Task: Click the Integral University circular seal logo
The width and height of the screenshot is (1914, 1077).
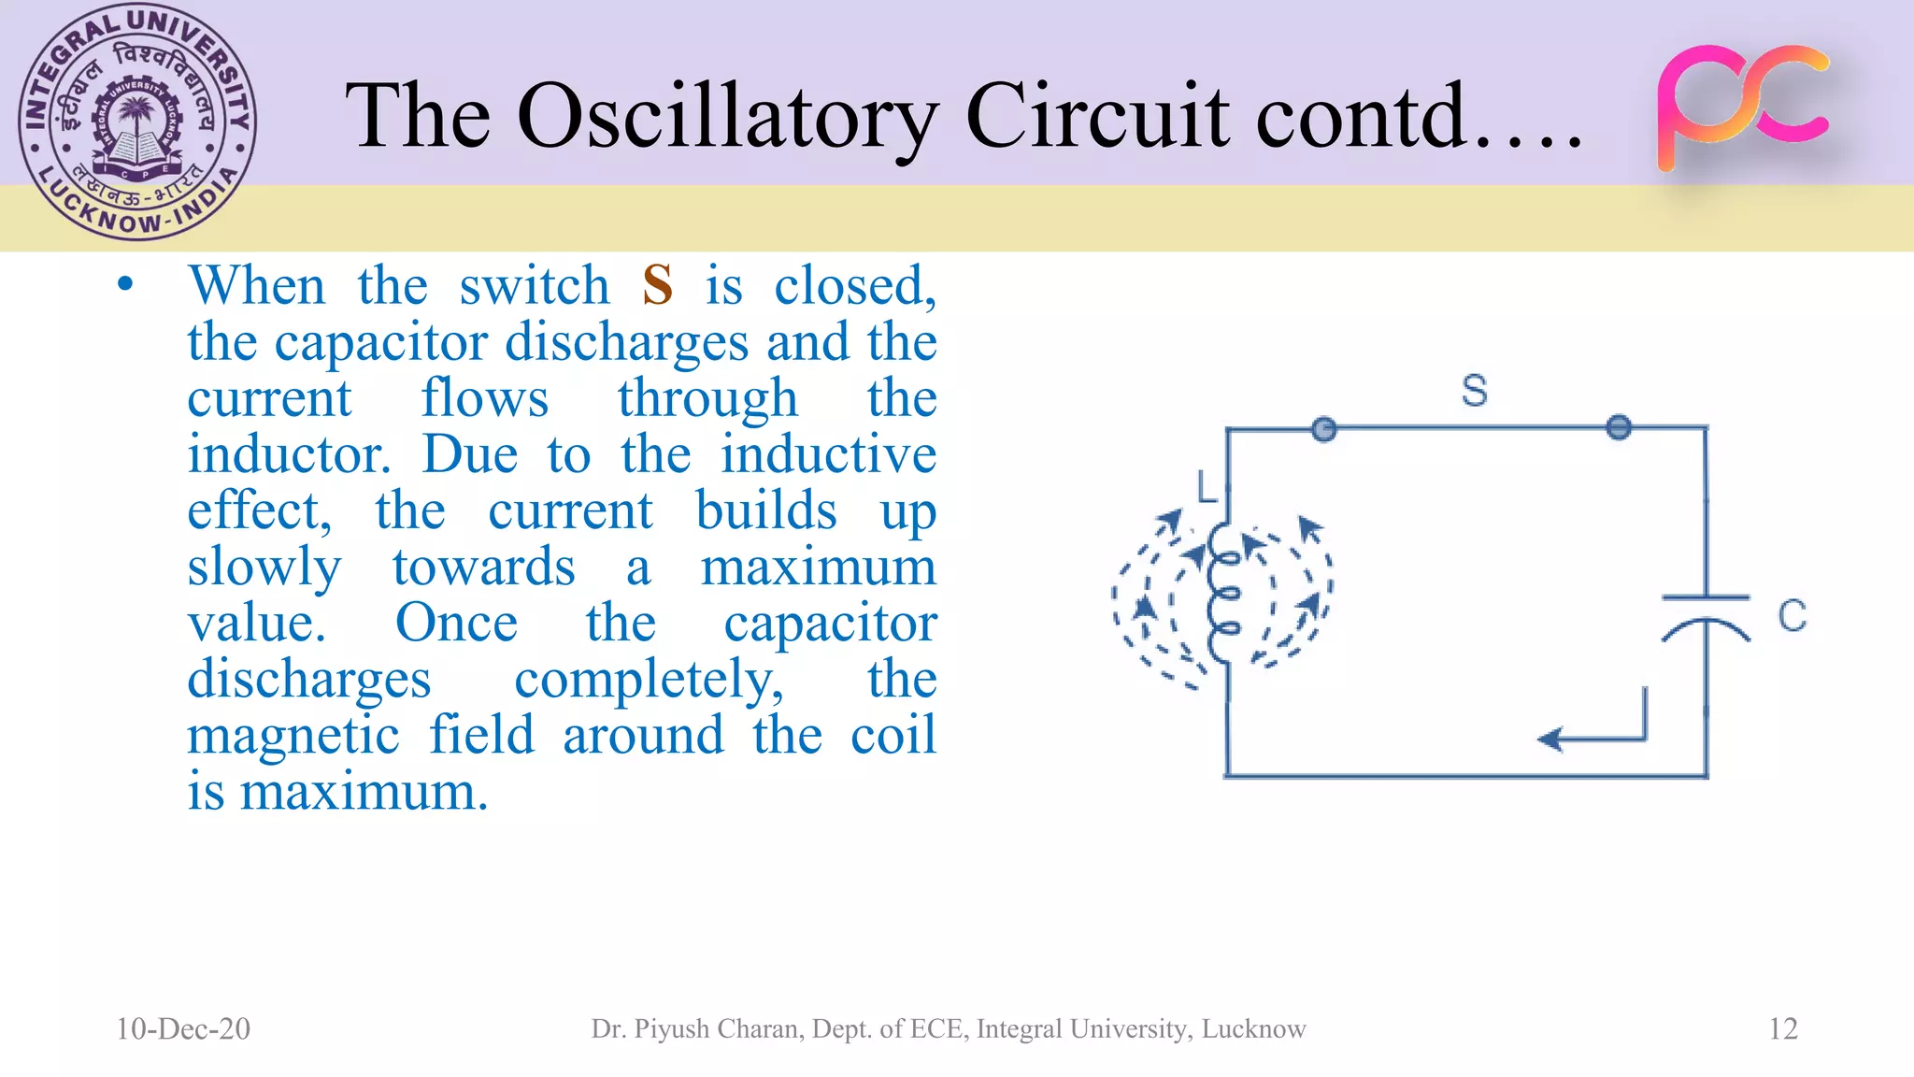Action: (x=137, y=122)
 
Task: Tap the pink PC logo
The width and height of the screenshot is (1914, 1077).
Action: (x=1742, y=107)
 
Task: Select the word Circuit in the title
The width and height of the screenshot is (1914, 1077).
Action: (x=1097, y=116)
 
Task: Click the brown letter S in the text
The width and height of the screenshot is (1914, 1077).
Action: (x=657, y=285)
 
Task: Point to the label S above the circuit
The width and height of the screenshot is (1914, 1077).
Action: (x=1474, y=390)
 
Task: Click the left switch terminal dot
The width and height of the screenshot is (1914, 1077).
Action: (x=1323, y=429)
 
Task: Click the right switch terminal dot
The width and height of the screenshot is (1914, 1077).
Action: (x=1619, y=427)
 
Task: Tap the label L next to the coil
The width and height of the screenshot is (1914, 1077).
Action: (x=1207, y=487)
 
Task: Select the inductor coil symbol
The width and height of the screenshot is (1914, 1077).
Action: (x=1222, y=593)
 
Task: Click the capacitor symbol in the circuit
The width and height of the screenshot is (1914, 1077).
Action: (x=1706, y=617)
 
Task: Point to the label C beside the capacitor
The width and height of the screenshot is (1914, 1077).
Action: (x=1792, y=616)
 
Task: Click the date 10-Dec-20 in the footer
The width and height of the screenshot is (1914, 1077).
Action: (x=183, y=1028)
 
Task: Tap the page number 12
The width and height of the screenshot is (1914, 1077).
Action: (x=1782, y=1028)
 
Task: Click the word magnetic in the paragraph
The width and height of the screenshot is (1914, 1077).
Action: (x=293, y=736)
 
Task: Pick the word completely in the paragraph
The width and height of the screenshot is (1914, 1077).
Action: (x=649, y=680)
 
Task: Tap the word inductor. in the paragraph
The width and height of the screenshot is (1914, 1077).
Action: (x=288, y=455)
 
